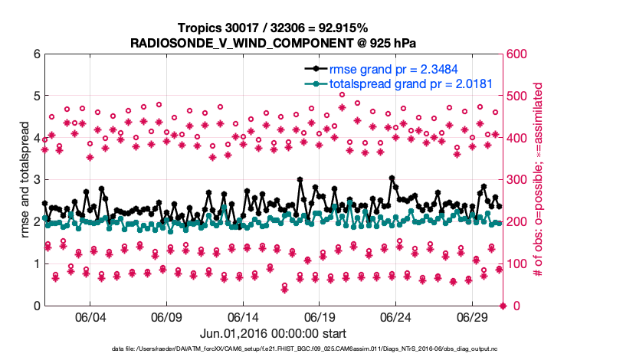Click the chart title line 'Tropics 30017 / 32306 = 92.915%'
point(273,28)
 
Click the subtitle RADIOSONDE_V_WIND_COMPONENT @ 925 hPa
point(273,41)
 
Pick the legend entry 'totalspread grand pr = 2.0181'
point(410,83)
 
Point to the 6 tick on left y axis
point(36,54)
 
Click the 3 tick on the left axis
point(36,180)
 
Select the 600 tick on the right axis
point(517,54)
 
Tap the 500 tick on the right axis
point(517,97)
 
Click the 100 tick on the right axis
point(517,264)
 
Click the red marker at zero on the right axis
point(503,306)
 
